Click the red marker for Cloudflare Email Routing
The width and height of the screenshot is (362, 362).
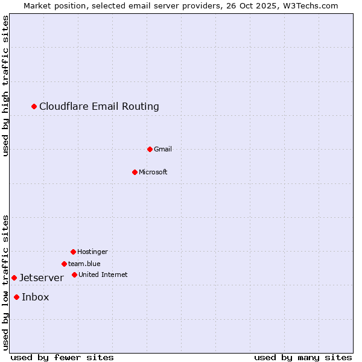(x=34, y=106)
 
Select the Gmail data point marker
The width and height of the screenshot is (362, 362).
(x=150, y=149)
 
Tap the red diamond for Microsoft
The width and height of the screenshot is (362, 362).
(x=135, y=172)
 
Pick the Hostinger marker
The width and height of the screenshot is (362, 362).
(x=73, y=252)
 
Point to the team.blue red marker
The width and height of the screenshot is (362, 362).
(x=64, y=264)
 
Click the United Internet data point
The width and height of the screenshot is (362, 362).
(x=74, y=275)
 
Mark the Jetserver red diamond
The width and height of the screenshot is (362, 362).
(x=14, y=278)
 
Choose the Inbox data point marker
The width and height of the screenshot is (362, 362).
(x=16, y=297)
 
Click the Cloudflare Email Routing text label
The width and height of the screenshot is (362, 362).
(x=99, y=107)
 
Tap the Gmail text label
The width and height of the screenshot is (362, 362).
(x=163, y=149)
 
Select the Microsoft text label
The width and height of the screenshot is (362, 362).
(x=153, y=172)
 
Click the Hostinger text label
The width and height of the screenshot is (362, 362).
(x=92, y=252)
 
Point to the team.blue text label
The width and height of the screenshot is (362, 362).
(x=84, y=264)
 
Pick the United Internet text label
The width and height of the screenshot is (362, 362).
(x=103, y=275)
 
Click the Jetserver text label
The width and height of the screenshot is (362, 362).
(x=41, y=278)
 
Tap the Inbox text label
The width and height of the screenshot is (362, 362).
(x=35, y=297)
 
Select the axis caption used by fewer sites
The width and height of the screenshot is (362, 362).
(x=62, y=357)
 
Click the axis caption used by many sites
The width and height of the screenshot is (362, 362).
(x=303, y=357)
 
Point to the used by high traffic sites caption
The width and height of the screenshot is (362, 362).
(x=6, y=86)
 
